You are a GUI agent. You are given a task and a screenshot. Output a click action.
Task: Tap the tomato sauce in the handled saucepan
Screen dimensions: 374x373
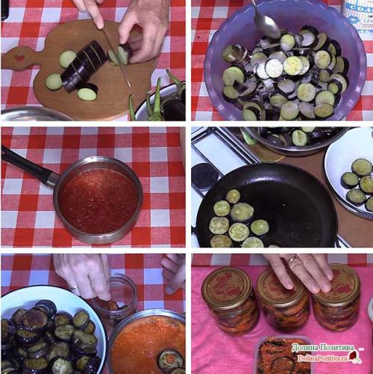tap(98, 200)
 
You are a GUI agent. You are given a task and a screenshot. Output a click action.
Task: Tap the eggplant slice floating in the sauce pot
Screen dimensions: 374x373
tap(170, 360)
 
